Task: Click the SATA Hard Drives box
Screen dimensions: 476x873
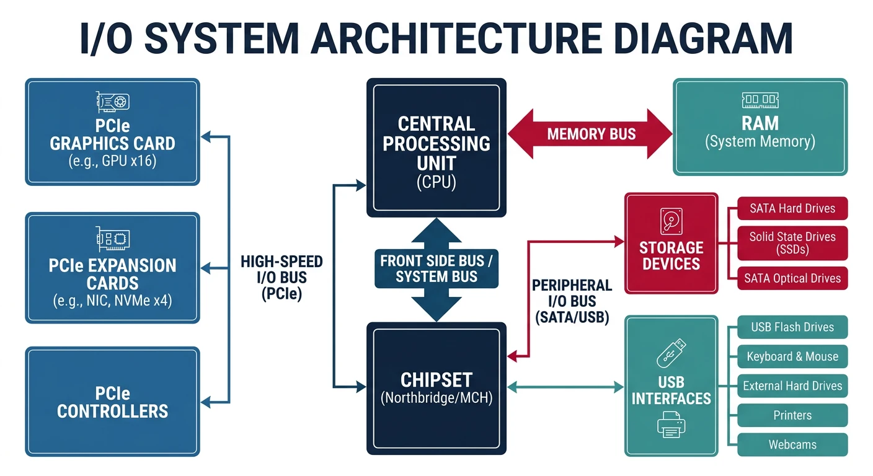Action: pos(792,209)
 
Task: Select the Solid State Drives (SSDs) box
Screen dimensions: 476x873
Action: pos(792,243)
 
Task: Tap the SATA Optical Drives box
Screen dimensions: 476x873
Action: pos(792,278)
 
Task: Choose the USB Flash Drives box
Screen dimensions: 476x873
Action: pos(792,327)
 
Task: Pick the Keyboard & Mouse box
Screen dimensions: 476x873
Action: pos(792,357)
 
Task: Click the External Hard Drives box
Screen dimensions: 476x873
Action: pos(792,386)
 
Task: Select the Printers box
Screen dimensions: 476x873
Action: pos(792,415)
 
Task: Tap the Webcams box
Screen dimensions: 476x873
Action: pos(792,444)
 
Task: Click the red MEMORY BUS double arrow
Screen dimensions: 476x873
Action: pos(590,134)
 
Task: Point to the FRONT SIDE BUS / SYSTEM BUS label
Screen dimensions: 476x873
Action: pos(436,268)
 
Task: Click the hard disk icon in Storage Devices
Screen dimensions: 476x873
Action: pos(671,221)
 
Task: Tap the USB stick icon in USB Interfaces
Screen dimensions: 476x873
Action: pos(671,351)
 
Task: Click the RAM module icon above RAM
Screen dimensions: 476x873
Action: pos(760,100)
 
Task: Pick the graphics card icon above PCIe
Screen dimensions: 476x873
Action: pos(113,101)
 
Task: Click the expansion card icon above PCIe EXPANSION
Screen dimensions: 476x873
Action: pos(113,238)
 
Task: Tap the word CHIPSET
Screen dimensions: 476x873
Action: pos(436,379)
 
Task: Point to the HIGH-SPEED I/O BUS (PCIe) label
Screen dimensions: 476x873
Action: pos(281,278)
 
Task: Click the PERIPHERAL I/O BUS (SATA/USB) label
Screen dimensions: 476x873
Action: pos(572,301)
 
